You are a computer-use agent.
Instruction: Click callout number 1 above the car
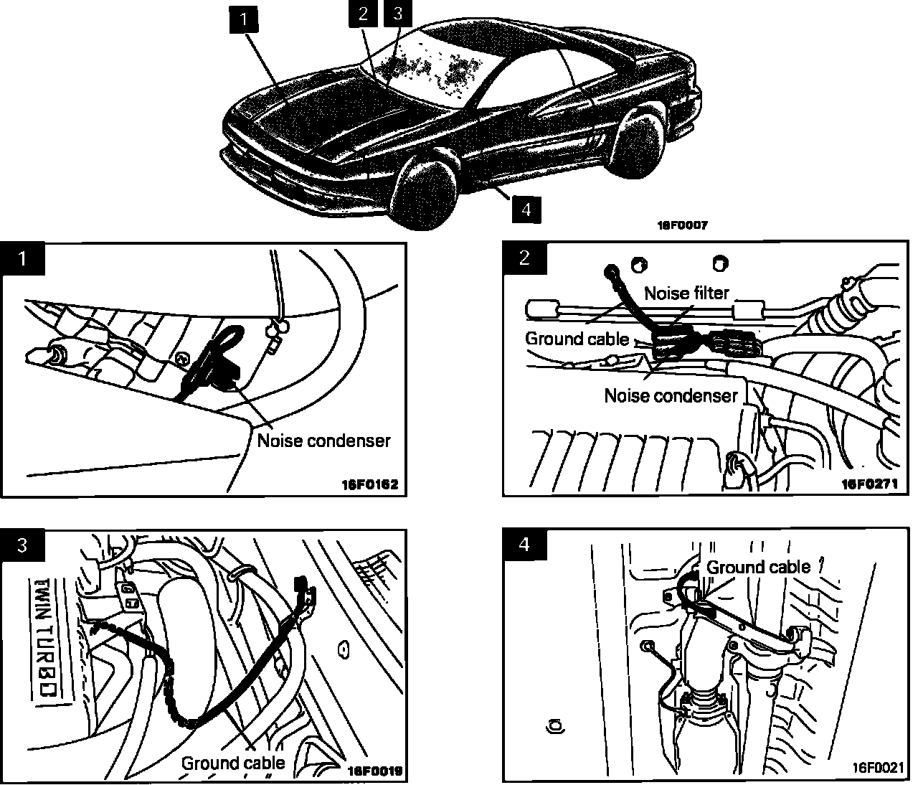tap(244, 20)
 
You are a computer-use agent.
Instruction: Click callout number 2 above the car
tap(364, 14)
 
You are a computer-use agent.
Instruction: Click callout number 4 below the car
tap(526, 209)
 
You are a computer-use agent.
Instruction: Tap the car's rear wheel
tap(638, 141)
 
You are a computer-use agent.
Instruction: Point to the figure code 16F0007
tap(682, 225)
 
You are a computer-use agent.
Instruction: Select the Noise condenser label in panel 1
tap(323, 440)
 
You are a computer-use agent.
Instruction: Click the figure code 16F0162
tap(369, 484)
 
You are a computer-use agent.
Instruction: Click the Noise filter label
tap(686, 293)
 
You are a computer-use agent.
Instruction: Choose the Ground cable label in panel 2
tap(577, 338)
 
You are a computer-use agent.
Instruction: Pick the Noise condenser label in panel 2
tap(671, 395)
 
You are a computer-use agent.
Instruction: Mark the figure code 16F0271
tap(869, 484)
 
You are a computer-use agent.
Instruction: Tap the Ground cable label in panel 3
tap(232, 762)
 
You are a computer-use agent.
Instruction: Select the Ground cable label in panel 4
tap(759, 567)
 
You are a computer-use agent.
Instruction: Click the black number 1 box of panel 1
tap(22, 258)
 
